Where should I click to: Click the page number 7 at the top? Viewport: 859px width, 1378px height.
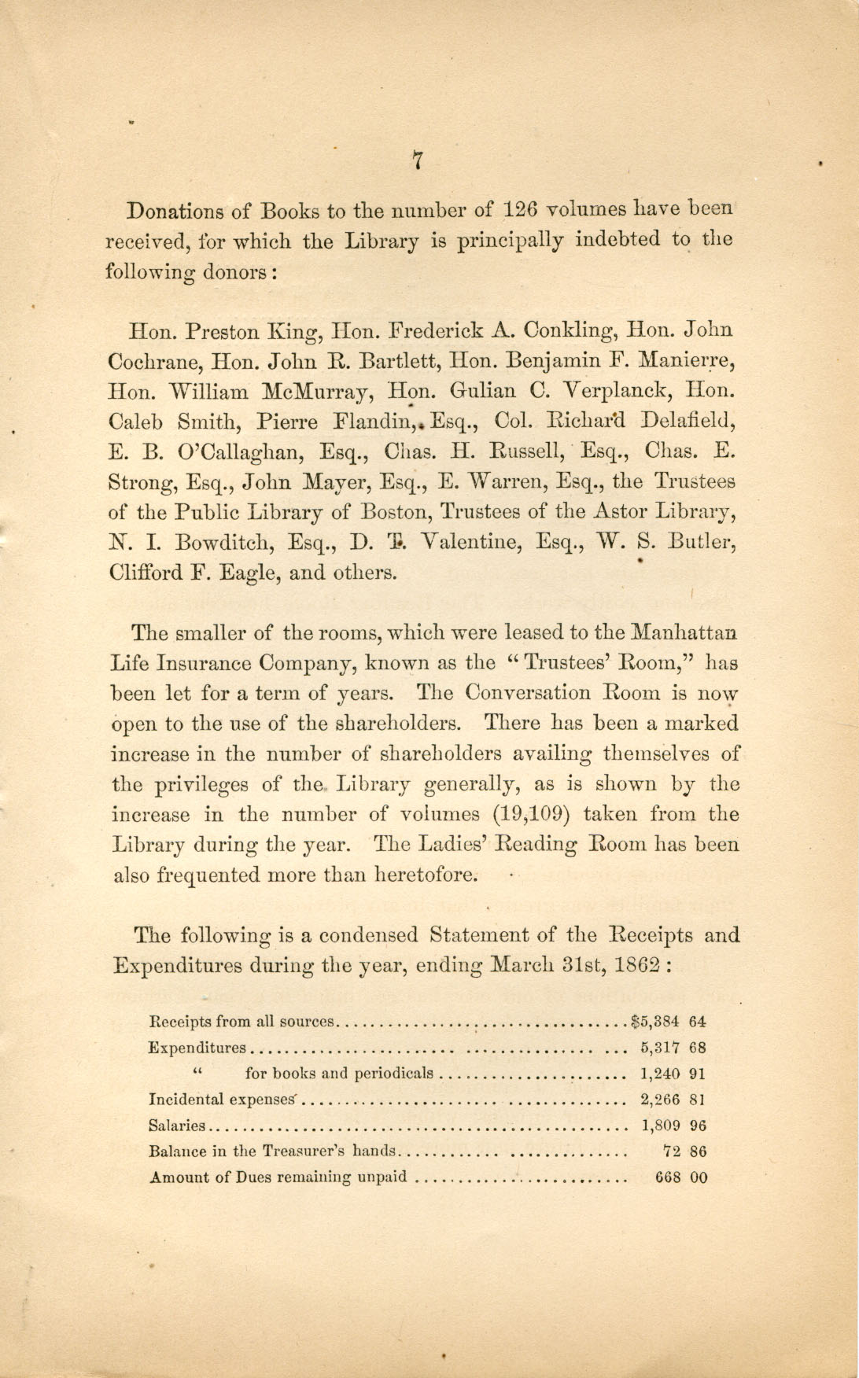pos(418,160)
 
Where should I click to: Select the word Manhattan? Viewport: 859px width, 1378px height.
pos(685,632)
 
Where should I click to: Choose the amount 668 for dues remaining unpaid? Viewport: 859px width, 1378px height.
pos(667,1177)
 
